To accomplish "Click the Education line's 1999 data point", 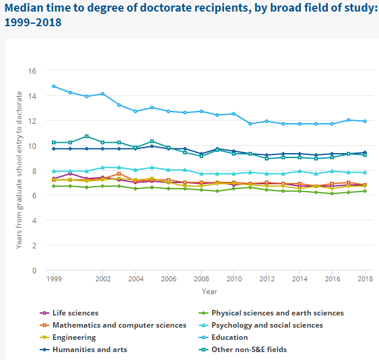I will (x=54, y=86).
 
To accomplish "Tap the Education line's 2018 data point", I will (x=365, y=121).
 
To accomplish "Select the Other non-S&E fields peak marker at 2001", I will (x=87, y=136).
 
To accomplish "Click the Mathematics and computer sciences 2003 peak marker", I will (x=119, y=174).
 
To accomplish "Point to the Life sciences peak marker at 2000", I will (x=70, y=173).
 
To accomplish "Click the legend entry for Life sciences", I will (x=75, y=313).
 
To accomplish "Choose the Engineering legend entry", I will (x=74, y=337).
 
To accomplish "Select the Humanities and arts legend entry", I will (x=88, y=350).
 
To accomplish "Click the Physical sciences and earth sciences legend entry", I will (x=277, y=313).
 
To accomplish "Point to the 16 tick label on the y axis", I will (x=32, y=71).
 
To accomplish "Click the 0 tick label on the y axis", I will (x=34, y=270).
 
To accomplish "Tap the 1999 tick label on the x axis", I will (x=54, y=279).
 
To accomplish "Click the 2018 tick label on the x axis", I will (x=365, y=279).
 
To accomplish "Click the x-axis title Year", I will (x=209, y=292).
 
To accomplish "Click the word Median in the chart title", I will (x=24, y=9).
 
